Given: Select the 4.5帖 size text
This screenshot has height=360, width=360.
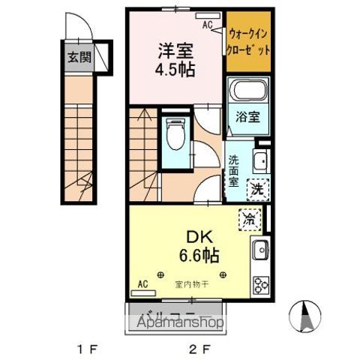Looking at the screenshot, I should (175, 73).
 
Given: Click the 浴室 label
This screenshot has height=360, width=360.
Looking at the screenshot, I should (249, 118).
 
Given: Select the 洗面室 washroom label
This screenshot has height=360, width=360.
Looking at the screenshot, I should (234, 169).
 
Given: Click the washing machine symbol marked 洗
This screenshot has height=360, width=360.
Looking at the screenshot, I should (257, 188).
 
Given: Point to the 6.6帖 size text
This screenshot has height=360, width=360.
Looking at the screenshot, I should (198, 255).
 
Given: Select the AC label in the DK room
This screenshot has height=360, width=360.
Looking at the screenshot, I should (142, 285).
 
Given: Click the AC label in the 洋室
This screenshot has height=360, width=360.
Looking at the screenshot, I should (207, 24).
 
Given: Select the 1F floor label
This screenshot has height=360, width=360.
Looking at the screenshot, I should (86, 348).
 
